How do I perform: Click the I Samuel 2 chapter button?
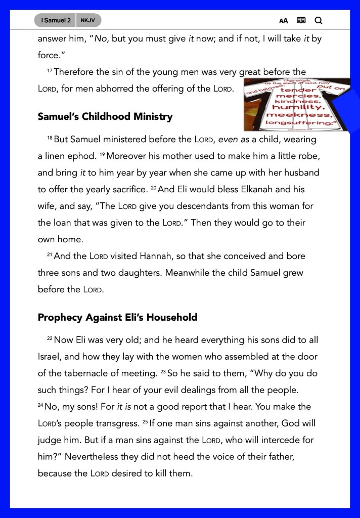(x=56, y=21)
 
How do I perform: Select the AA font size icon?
(x=283, y=21)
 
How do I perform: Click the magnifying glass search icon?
(x=318, y=21)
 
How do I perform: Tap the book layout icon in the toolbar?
(x=301, y=21)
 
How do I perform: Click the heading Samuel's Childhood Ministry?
(x=105, y=117)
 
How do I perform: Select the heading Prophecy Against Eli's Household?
(x=117, y=318)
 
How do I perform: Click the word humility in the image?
(x=295, y=107)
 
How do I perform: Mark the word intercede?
(x=276, y=440)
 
